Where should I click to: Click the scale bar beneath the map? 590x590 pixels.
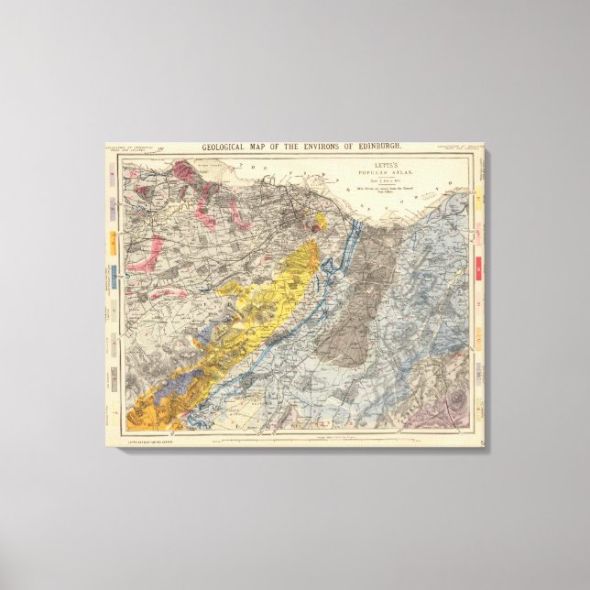pyautogui.click(x=302, y=441)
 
